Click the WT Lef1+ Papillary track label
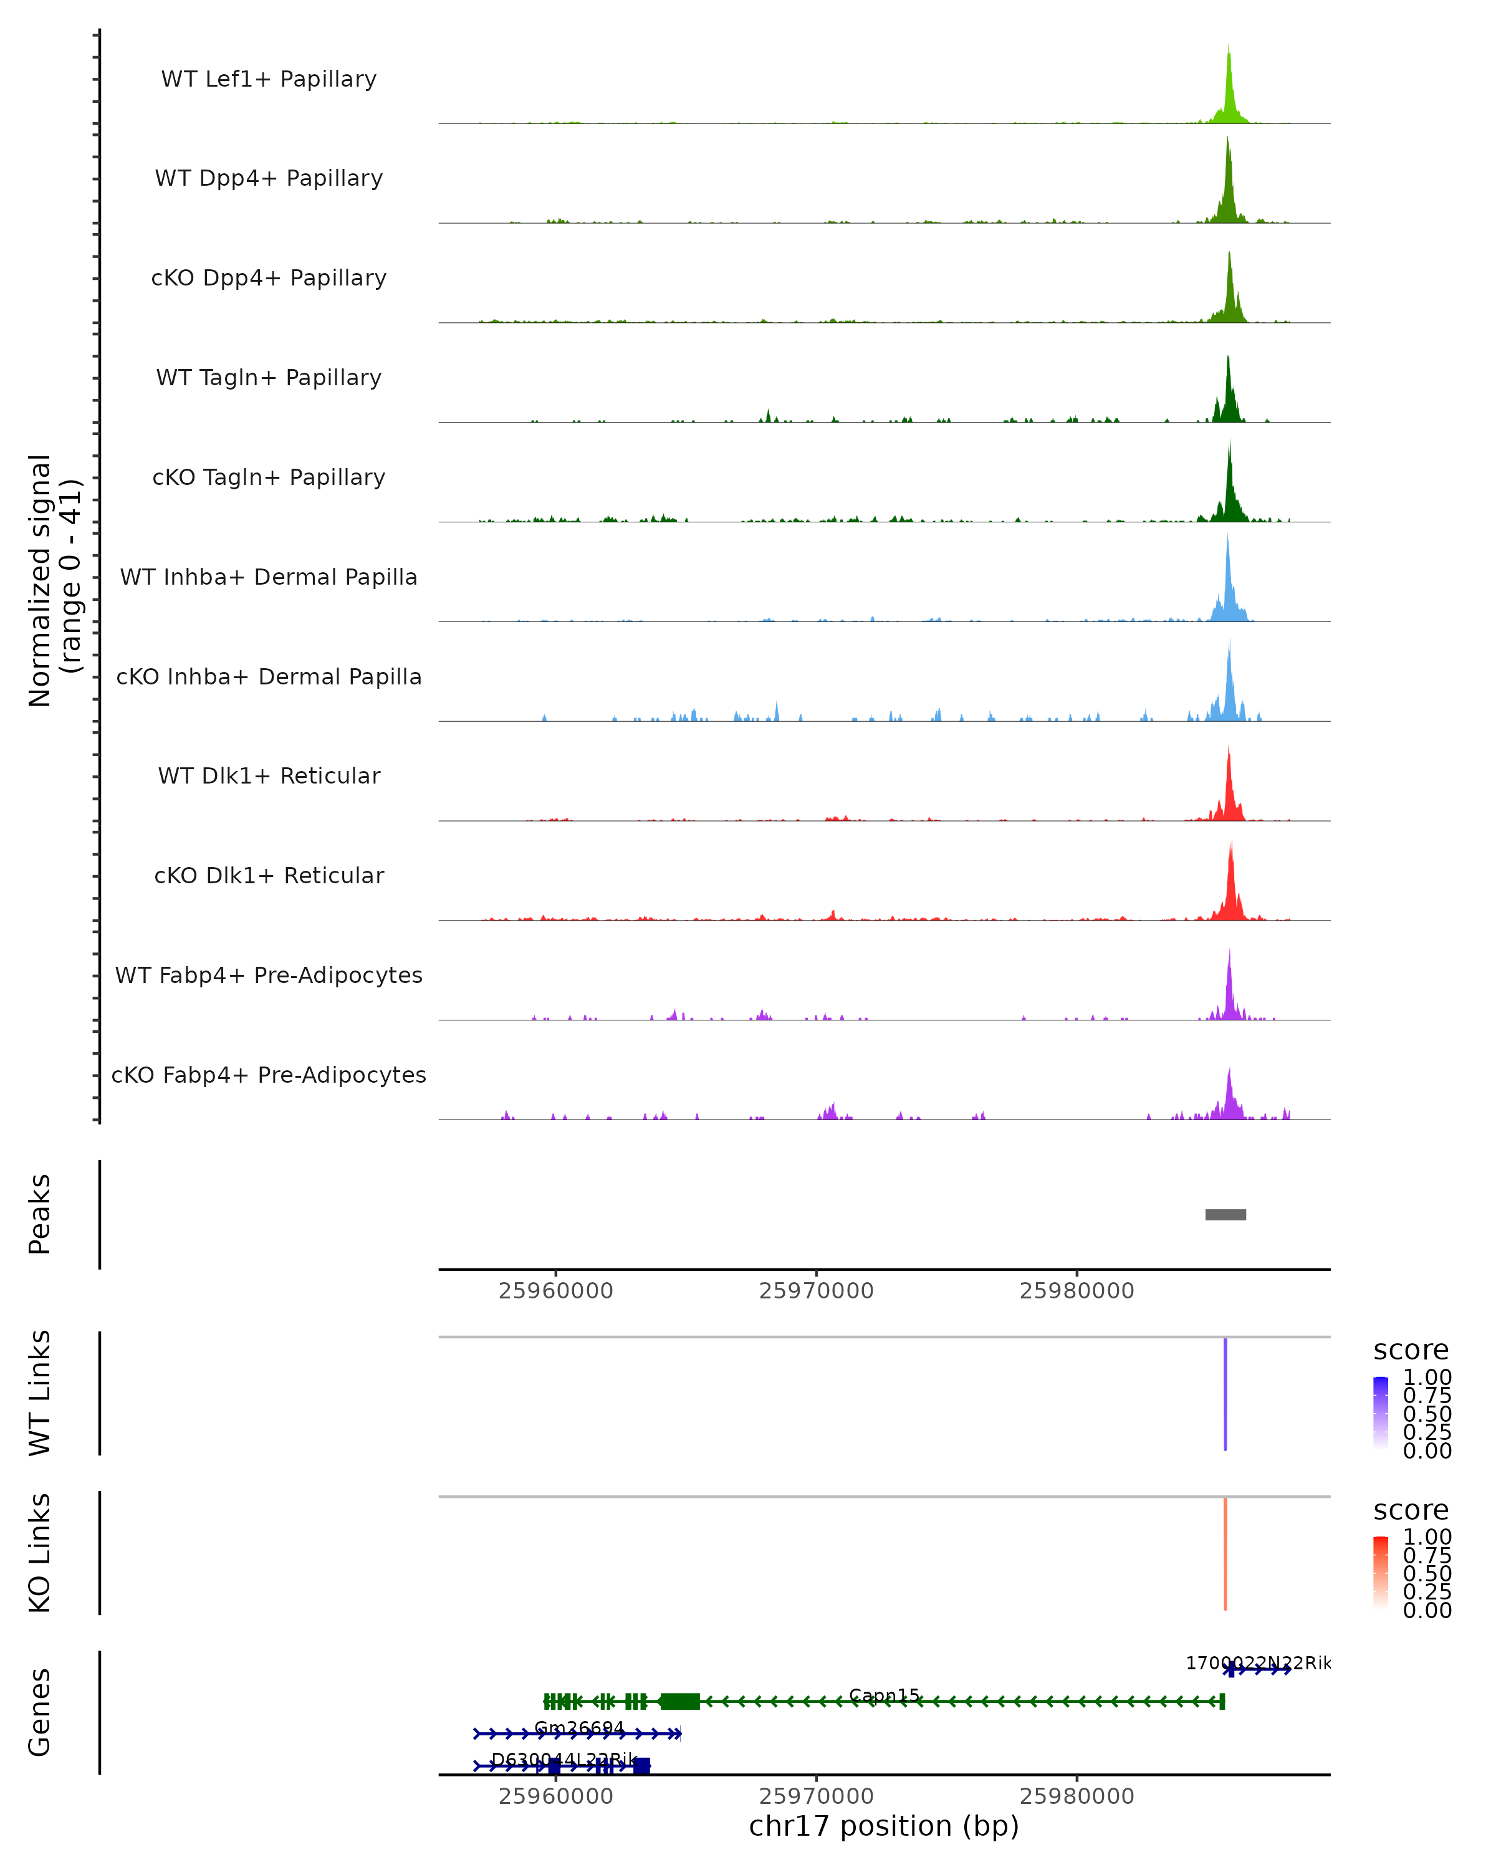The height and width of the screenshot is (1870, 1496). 269,79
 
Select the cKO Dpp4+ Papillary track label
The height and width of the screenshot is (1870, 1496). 269,277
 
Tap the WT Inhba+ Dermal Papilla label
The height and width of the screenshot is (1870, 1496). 269,577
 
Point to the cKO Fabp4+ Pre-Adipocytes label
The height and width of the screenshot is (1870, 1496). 269,1075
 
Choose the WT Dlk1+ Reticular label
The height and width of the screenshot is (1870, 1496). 269,775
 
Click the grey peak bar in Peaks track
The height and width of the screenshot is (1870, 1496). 1225,1214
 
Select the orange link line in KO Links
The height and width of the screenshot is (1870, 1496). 1225,1553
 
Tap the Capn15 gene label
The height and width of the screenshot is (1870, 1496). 884,1695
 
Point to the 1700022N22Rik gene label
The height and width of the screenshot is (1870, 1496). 1257,1662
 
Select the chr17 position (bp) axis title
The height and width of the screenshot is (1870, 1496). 884,1826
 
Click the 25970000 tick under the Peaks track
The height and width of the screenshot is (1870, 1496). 816,1291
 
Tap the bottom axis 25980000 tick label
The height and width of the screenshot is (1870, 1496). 1076,1795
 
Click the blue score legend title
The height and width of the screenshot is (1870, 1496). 1410,1350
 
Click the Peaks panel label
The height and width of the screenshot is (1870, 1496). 40,1214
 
